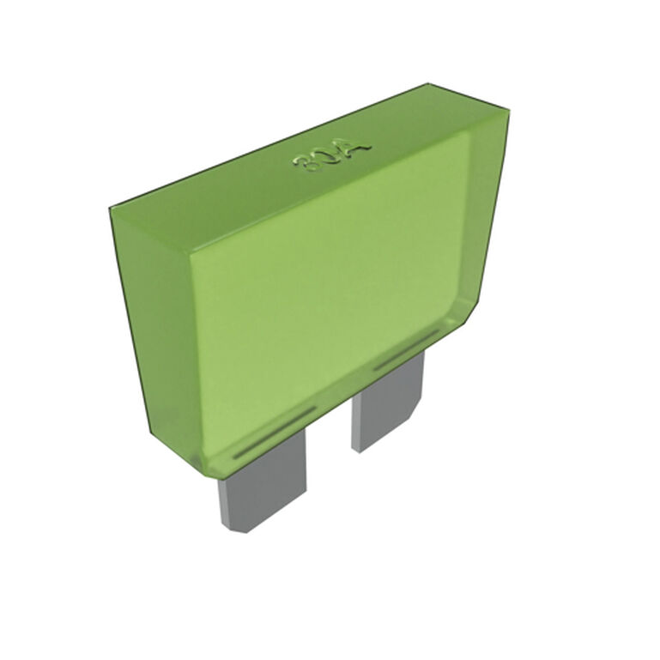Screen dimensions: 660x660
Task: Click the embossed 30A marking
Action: pyautogui.click(x=333, y=157)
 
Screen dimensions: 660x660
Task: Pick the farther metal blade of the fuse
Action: pyautogui.click(x=386, y=403)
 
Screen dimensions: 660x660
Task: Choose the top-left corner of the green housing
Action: pyautogui.click(x=112, y=208)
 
